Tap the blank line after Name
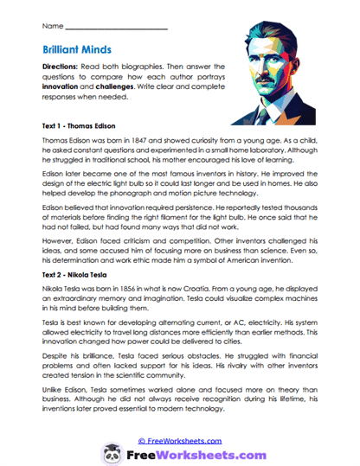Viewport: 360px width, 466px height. pyautogui.click(x=117, y=29)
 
